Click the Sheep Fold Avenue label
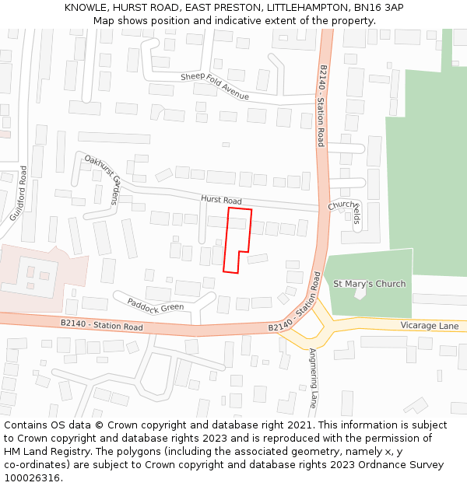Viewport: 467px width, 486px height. click(x=215, y=86)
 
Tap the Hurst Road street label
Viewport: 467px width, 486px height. click(x=222, y=201)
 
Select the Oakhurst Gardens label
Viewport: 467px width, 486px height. click(x=103, y=179)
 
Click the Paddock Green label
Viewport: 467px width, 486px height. click(x=156, y=302)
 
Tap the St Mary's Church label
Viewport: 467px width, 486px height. click(x=369, y=284)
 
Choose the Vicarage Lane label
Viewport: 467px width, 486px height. click(x=429, y=326)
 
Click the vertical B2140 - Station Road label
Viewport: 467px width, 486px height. click(x=321, y=106)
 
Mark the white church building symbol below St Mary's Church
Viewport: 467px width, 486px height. click(x=359, y=294)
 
